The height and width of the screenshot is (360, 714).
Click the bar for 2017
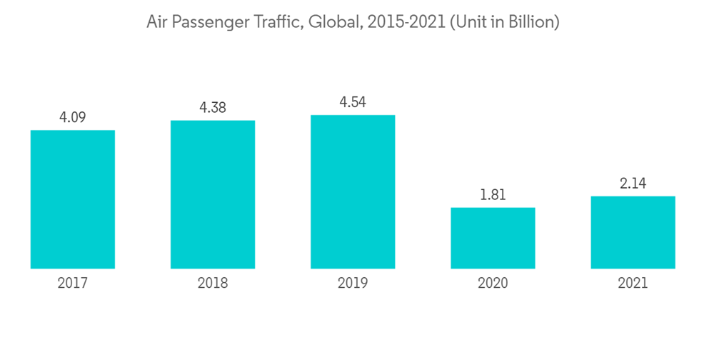72,199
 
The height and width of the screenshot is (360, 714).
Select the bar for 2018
213,194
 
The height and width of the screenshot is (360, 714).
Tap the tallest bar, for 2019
353,191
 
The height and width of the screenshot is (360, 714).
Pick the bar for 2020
493,238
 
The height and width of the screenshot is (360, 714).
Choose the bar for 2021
633,232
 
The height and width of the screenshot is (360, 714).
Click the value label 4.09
72,117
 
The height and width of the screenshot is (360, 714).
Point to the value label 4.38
213,108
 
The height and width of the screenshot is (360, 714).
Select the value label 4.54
353,102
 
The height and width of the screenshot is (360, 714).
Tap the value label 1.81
493,194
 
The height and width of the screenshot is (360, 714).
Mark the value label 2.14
633,184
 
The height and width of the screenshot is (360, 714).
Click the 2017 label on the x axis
72,284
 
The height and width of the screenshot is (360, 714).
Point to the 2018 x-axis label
213,284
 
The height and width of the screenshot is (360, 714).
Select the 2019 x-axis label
353,284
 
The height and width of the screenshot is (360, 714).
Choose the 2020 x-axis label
493,284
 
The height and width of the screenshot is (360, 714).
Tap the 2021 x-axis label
633,284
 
